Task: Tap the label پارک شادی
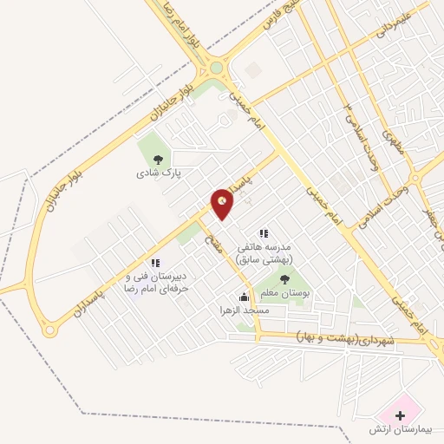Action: pyautogui.click(x=158, y=173)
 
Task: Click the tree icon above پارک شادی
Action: pyautogui.click(x=158, y=159)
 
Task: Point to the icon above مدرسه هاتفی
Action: pyautogui.click(x=264, y=233)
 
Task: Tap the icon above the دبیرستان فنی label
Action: pyautogui.click(x=154, y=263)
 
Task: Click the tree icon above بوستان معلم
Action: pyautogui.click(x=285, y=278)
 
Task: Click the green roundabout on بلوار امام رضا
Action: pyautogui.click(x=217, y=68)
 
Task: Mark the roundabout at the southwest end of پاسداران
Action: pyautogui.click(x=49, y=330)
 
